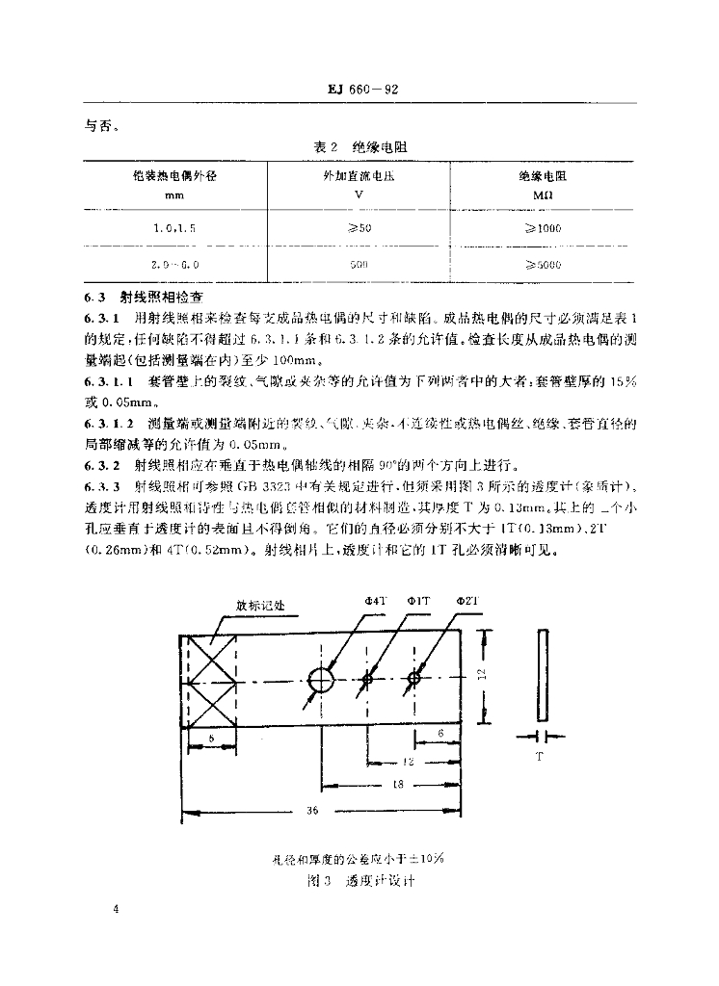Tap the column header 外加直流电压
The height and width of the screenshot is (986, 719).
(359, 178)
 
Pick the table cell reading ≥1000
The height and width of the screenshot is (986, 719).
(542, 228)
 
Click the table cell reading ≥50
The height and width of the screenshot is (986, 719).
(359, 228)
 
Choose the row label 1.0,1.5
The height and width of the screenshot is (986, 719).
(173, 228)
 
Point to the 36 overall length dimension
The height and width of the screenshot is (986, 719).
(311, 812)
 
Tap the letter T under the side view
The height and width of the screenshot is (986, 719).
(540, 758)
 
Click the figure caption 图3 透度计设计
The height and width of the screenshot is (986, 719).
(359, 880)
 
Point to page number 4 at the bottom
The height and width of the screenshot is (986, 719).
(115, 909)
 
